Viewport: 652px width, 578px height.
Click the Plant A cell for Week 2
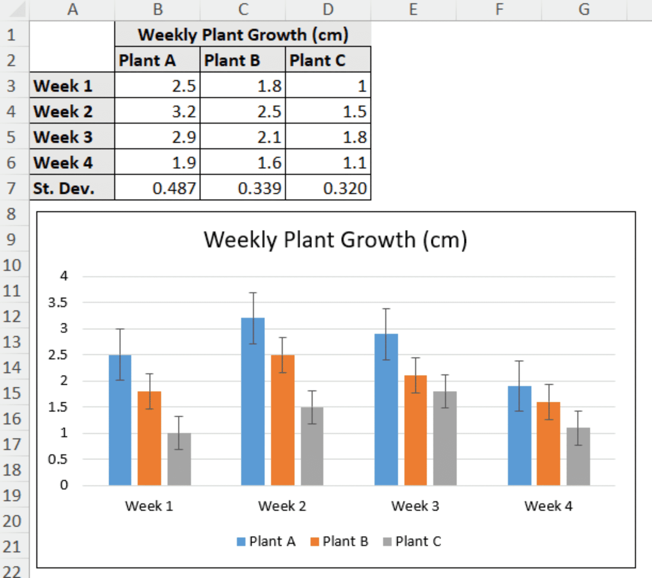(x=157, y=111)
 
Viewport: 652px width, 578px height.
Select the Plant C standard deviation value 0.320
(x=328, y=188)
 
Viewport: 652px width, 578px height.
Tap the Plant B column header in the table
(x=243, y=60)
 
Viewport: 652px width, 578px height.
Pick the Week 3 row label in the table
(x=72, y=137)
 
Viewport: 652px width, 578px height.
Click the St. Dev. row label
(x=72, y=188)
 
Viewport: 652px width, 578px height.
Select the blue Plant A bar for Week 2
(x=253, y=402)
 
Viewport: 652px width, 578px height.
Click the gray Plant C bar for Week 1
(x=179, y=459)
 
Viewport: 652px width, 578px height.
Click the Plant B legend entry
(x=340, y=541)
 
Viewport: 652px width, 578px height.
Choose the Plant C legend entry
(x=413, y=541)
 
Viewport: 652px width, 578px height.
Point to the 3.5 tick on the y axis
(x=58, y=302)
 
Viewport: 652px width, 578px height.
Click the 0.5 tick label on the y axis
(x=58, y=459)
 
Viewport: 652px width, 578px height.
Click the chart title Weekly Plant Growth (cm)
(x=336, y=240)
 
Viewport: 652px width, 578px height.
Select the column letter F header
(x=499, y=10)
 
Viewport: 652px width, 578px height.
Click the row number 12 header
(x=12, y=316)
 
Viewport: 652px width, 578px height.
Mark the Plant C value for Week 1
(x=328, y=86)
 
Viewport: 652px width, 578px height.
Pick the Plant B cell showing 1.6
(x=243, y=163)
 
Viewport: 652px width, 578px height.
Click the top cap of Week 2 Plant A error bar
(x=253, y=293)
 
